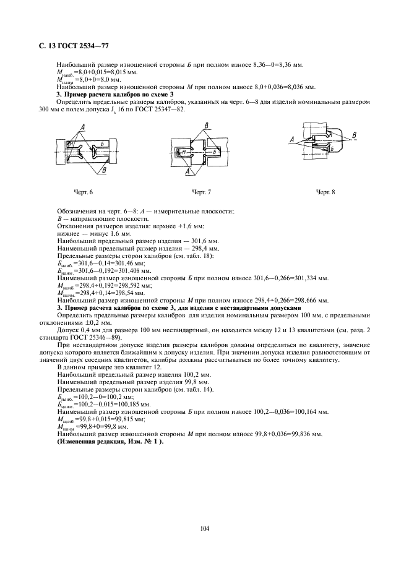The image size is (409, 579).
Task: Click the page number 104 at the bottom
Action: [205, 528]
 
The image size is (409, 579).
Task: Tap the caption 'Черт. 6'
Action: [83, 192]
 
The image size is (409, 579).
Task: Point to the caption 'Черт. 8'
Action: [325, 192]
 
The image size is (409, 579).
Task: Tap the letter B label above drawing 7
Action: [205, 126]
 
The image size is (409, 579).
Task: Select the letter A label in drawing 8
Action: [291, 141]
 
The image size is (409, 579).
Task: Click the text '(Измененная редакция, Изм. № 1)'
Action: [102, 442]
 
